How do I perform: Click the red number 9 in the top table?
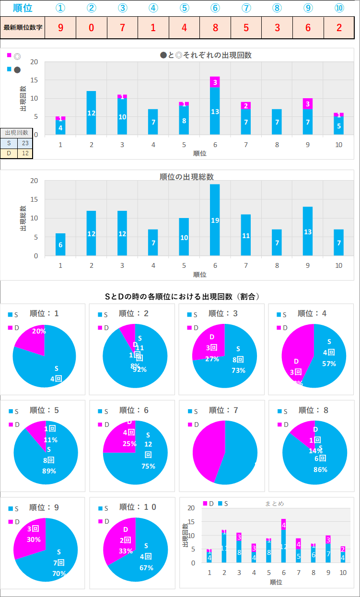(x=60, y=27)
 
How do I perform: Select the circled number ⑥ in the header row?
(x=215, y=8)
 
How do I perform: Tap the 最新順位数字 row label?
(x=23, y=27)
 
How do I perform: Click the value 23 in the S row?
(x=25, y=143)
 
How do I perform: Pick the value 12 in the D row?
(x=25, y=153)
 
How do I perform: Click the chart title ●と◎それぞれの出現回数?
(x=206, y=55)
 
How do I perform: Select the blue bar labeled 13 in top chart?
(x=215, y=111)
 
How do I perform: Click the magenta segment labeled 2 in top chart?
(x=246, y=105)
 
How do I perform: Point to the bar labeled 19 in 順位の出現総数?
(x=215, y=220)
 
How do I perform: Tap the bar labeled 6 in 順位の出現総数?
(x=60, y=244)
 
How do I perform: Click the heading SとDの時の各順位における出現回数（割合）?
(x=182, y=297)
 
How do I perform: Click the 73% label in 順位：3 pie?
(x=238, y=370)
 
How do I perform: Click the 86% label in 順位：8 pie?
(x=321, y=470)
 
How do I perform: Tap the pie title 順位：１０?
(x=138, y=507)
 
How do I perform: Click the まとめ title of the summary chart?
(x=274, y=503)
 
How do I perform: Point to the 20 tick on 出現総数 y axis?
(x=34, y=181)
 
